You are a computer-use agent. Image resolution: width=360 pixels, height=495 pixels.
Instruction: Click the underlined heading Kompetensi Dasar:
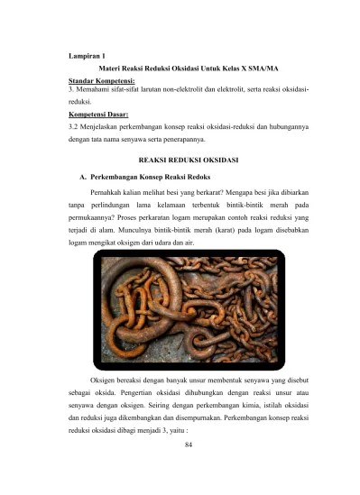pyautogui.click(x=98, y=115)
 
